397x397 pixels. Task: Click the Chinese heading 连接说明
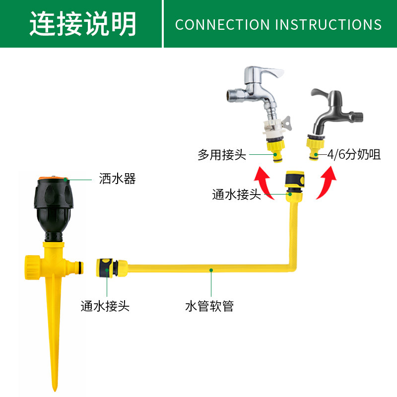pyautogui.click(x=82, y=23)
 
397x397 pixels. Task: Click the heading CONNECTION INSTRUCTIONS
pyautogui.click(x=278, y=24)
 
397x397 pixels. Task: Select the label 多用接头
pyautogui.click(x=222, y=155)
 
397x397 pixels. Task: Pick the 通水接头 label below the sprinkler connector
pyautogui.click(x=105, y=306)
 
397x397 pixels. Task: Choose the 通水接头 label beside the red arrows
pyautogui.click(x=236, y=195)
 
